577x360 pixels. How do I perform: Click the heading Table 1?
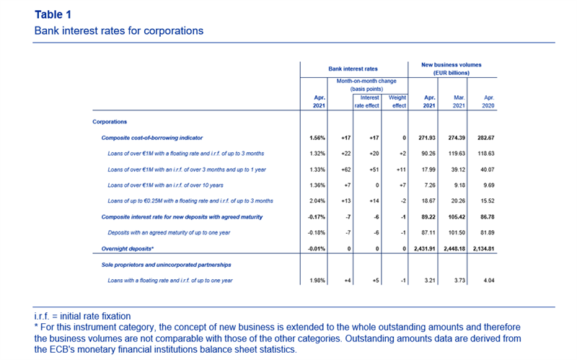click(53, 14)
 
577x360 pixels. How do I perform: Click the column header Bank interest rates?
click(353, 69)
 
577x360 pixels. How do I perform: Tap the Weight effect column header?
click(397, 102)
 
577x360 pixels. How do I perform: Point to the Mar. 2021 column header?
click(459, 102)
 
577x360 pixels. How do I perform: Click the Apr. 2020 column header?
click(488, 102)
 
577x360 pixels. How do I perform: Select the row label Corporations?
click(110, 122)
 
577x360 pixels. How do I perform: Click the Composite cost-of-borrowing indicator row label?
click(152, 138)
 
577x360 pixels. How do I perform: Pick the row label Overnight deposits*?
click(128, 249)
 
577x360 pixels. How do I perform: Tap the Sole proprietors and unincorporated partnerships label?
click(167, 265)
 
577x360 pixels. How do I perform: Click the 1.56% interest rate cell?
click(317, 138)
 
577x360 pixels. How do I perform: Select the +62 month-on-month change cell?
click(346, 170)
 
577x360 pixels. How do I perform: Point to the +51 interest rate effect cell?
click(374, 170)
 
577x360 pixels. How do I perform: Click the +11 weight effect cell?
click(401, 170)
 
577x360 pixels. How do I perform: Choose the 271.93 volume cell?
click(427, 138)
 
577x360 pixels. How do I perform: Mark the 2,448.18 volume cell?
click(454, 249)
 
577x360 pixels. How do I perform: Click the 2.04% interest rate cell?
click(317, 201)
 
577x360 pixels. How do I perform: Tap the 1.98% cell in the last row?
click(317, 281)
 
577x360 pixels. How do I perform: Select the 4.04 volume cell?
click(489, 281)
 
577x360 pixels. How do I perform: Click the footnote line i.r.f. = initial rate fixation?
click(82, 316)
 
